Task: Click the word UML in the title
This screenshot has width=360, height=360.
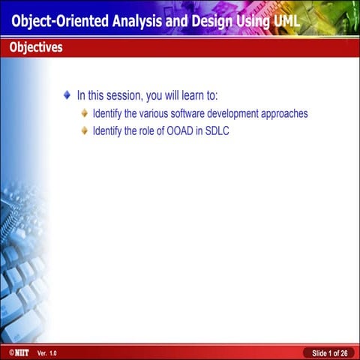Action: point(283,21)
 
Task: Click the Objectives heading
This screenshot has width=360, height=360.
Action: point(36,48)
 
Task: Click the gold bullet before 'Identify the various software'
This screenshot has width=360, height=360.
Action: point(85,113)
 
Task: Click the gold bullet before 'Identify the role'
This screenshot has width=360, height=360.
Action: point(85,130)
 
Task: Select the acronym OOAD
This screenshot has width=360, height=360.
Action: point(178,131)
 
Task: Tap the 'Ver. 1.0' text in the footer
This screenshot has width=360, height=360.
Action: point(46,352)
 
